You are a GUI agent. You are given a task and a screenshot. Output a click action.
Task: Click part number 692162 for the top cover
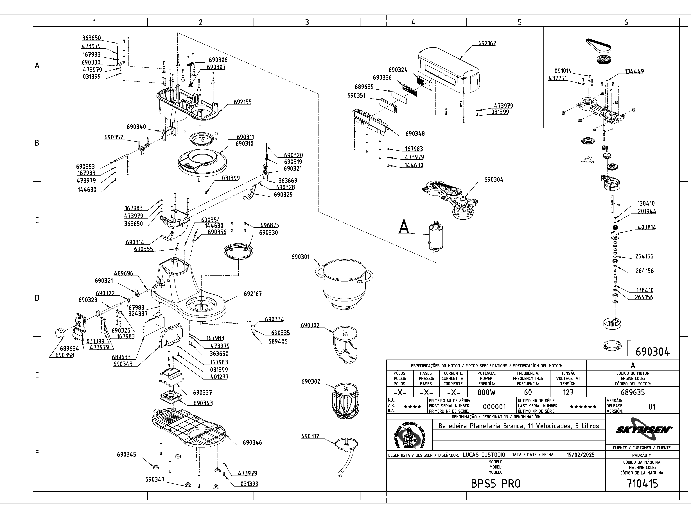point(487,43)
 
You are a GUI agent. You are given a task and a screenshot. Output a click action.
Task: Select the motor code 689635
point(633,392)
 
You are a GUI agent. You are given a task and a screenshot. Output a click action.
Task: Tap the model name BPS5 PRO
point(496,484)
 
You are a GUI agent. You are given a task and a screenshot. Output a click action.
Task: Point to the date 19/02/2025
point(580,455)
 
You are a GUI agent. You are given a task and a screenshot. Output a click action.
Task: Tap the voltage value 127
point(568,392)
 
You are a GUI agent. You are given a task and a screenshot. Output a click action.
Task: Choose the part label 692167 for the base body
point(253,294)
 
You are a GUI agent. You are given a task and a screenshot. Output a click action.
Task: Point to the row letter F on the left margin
point(37,453)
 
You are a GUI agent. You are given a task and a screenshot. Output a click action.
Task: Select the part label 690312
point(310,436)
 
